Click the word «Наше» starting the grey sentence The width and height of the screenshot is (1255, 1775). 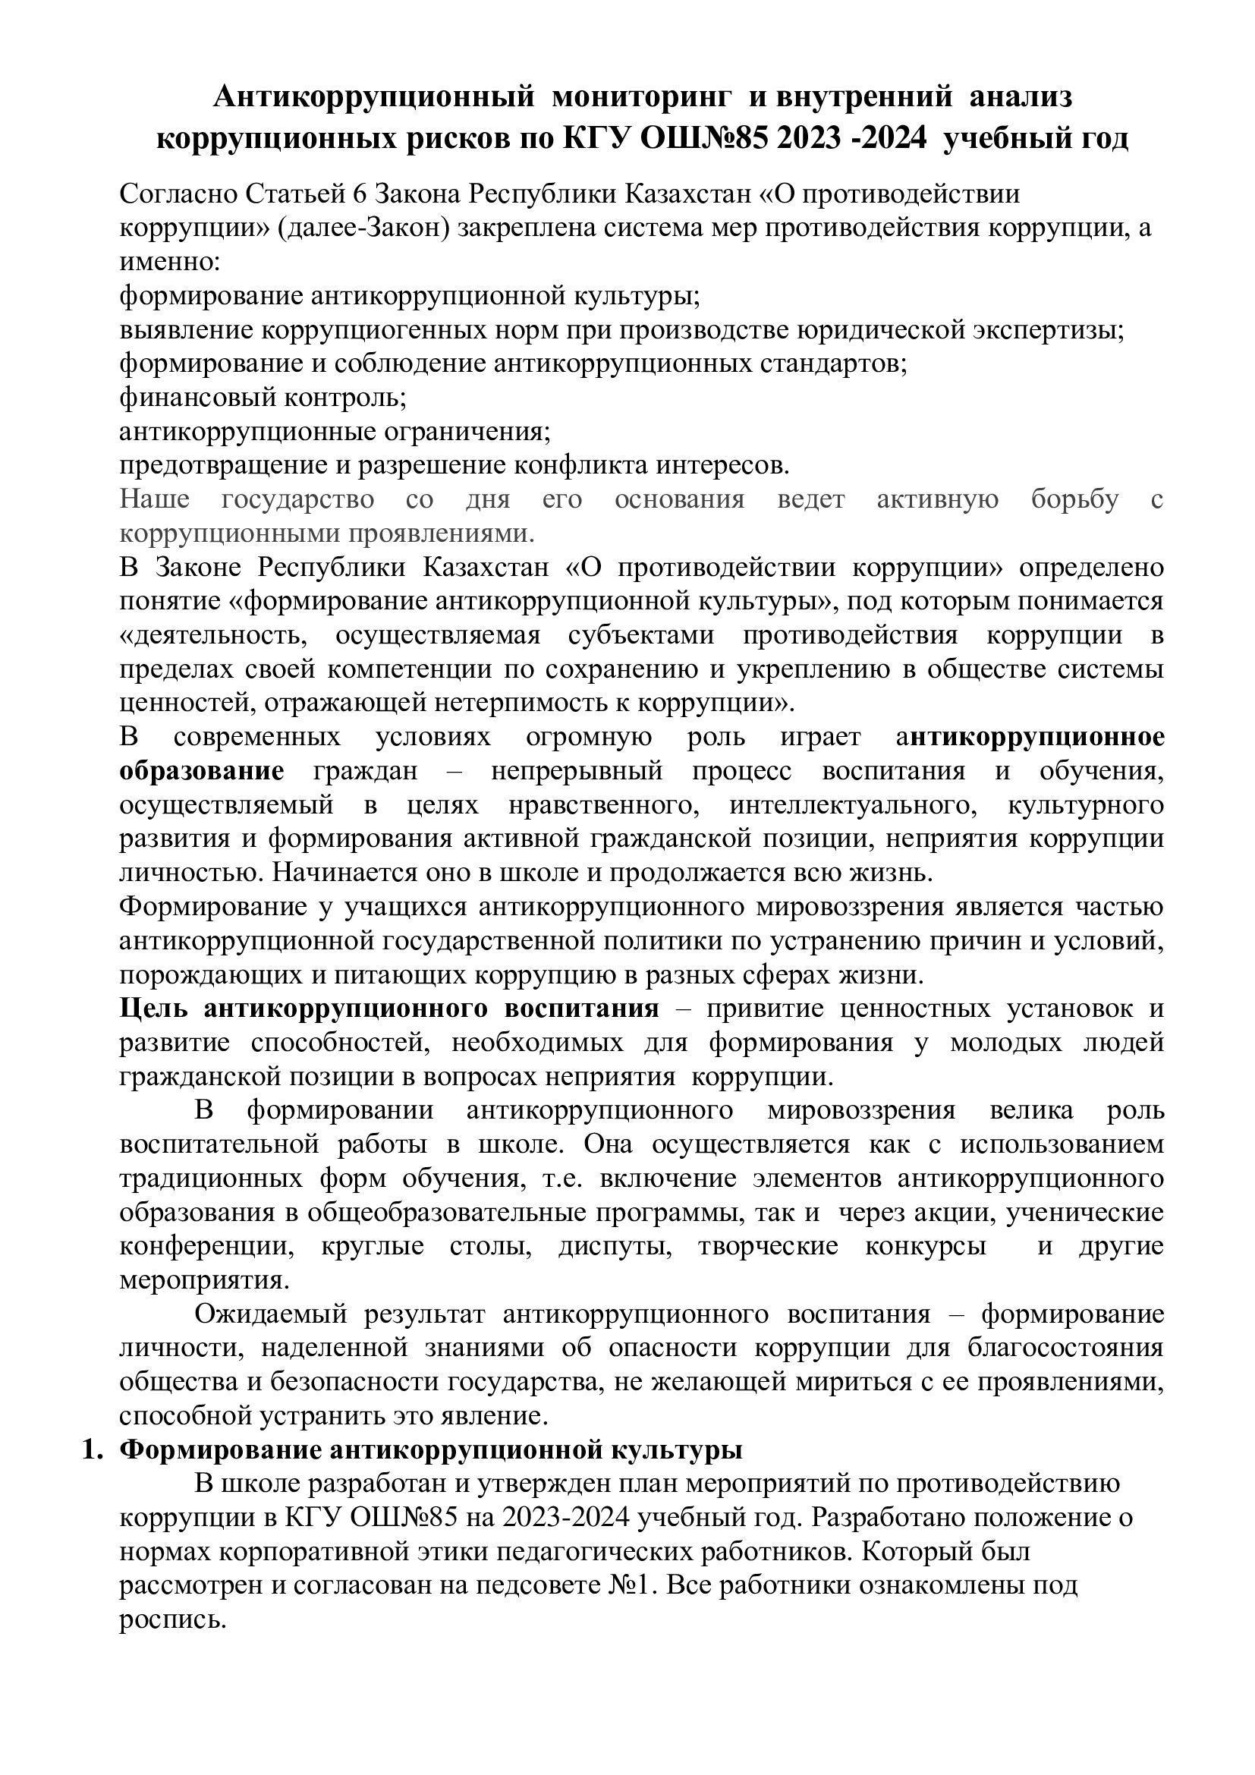tap(155, 499)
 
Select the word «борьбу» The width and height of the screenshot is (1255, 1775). tap(1074, 499)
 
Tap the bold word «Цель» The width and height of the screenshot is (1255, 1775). tap(153, 1008)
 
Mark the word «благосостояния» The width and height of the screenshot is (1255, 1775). tap(1065, 1348)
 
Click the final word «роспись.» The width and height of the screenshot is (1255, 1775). tap(172, 1619)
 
